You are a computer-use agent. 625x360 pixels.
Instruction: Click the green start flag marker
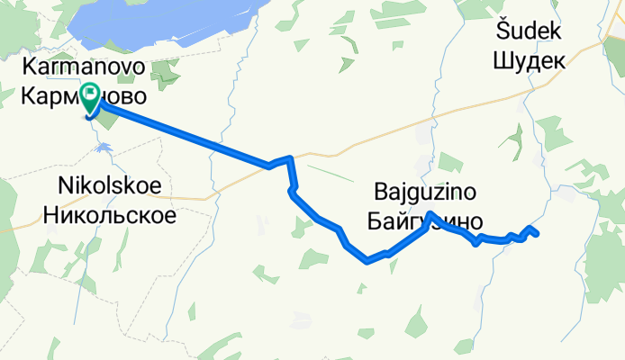coord(92,94)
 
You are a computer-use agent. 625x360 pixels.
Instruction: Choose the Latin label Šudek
coord(529,32)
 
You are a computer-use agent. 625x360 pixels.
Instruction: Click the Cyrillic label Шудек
coord(530,61)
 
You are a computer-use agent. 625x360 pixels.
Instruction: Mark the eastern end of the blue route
coord(537,235)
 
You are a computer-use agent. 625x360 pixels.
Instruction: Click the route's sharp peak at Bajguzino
coord(431,213)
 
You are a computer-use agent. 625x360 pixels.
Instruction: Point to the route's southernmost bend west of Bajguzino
coord(367,262)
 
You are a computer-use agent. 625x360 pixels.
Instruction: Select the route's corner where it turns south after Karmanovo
coord(290,159)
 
